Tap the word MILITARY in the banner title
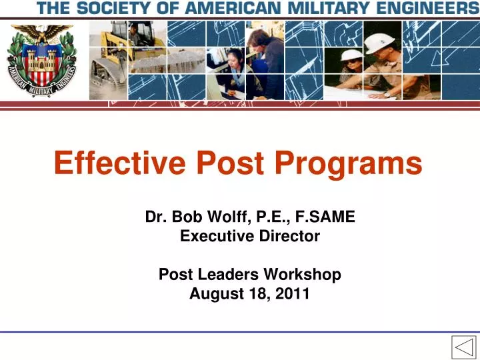[329, 9]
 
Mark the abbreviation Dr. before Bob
[157, 216]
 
